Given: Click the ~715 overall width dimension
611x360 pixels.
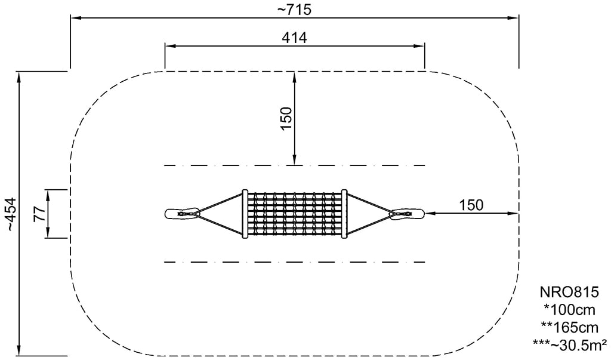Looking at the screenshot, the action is coord(294,10).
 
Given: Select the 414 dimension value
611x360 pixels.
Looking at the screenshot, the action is coord(294,38).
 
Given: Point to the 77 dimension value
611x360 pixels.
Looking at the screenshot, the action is coord(40,214).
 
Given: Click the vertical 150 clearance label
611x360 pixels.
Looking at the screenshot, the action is coord(286,119).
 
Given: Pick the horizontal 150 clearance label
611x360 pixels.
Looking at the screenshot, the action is coord(471,205).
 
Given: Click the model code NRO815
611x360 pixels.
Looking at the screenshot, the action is coord(569,292).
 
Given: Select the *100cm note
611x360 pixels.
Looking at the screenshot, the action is coord(569,310).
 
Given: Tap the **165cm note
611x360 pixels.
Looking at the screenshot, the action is coord(569,327).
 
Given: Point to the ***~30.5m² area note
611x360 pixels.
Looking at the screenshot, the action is coord(569,344).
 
